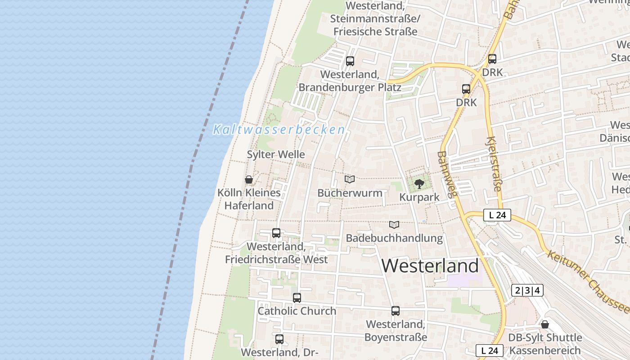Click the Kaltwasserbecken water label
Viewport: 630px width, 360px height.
(279, 130)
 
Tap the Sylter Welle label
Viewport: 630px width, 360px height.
(276, 154)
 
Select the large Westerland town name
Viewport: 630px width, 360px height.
(430, 265)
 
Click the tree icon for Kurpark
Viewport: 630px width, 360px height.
(419, 184)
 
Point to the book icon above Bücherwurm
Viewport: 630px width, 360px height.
(350, 180)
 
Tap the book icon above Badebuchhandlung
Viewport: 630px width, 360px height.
(394, 225)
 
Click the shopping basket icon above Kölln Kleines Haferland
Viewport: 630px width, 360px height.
(249, 180)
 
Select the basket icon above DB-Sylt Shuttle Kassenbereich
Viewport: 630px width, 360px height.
(545, 324)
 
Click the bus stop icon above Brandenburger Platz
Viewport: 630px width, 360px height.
(350, 61)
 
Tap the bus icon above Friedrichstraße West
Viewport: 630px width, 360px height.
(276, 233)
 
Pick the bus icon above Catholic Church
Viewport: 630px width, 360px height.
(297, 297)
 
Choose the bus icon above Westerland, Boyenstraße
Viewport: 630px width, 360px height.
(396, 310)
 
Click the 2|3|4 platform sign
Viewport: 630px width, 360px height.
(527, 290)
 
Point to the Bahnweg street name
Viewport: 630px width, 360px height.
(447, 175)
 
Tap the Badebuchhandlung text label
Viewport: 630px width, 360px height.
(394, 238)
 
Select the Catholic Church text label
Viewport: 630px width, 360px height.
(297, 310)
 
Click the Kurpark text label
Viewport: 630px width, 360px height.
(419, 197)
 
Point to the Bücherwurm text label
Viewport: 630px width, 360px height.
(350, 193)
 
